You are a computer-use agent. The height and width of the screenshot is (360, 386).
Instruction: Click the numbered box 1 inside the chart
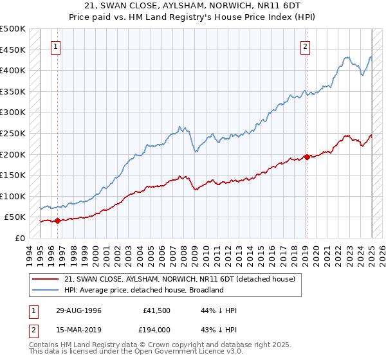57,46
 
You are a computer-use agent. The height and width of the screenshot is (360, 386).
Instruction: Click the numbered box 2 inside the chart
305,46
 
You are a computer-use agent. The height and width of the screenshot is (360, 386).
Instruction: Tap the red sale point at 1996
57,221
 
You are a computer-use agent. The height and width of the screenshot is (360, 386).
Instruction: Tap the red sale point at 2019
307,156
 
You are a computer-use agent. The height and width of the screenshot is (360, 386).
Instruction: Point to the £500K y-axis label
13,30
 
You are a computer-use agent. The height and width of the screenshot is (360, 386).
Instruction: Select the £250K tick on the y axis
13,134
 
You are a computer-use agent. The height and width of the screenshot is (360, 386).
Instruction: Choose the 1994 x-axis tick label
30,254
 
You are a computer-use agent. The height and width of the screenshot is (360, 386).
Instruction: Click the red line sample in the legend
46,279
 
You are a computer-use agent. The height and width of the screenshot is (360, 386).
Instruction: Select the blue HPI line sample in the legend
46,290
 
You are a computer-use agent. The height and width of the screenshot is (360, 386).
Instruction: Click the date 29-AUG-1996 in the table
78,310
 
